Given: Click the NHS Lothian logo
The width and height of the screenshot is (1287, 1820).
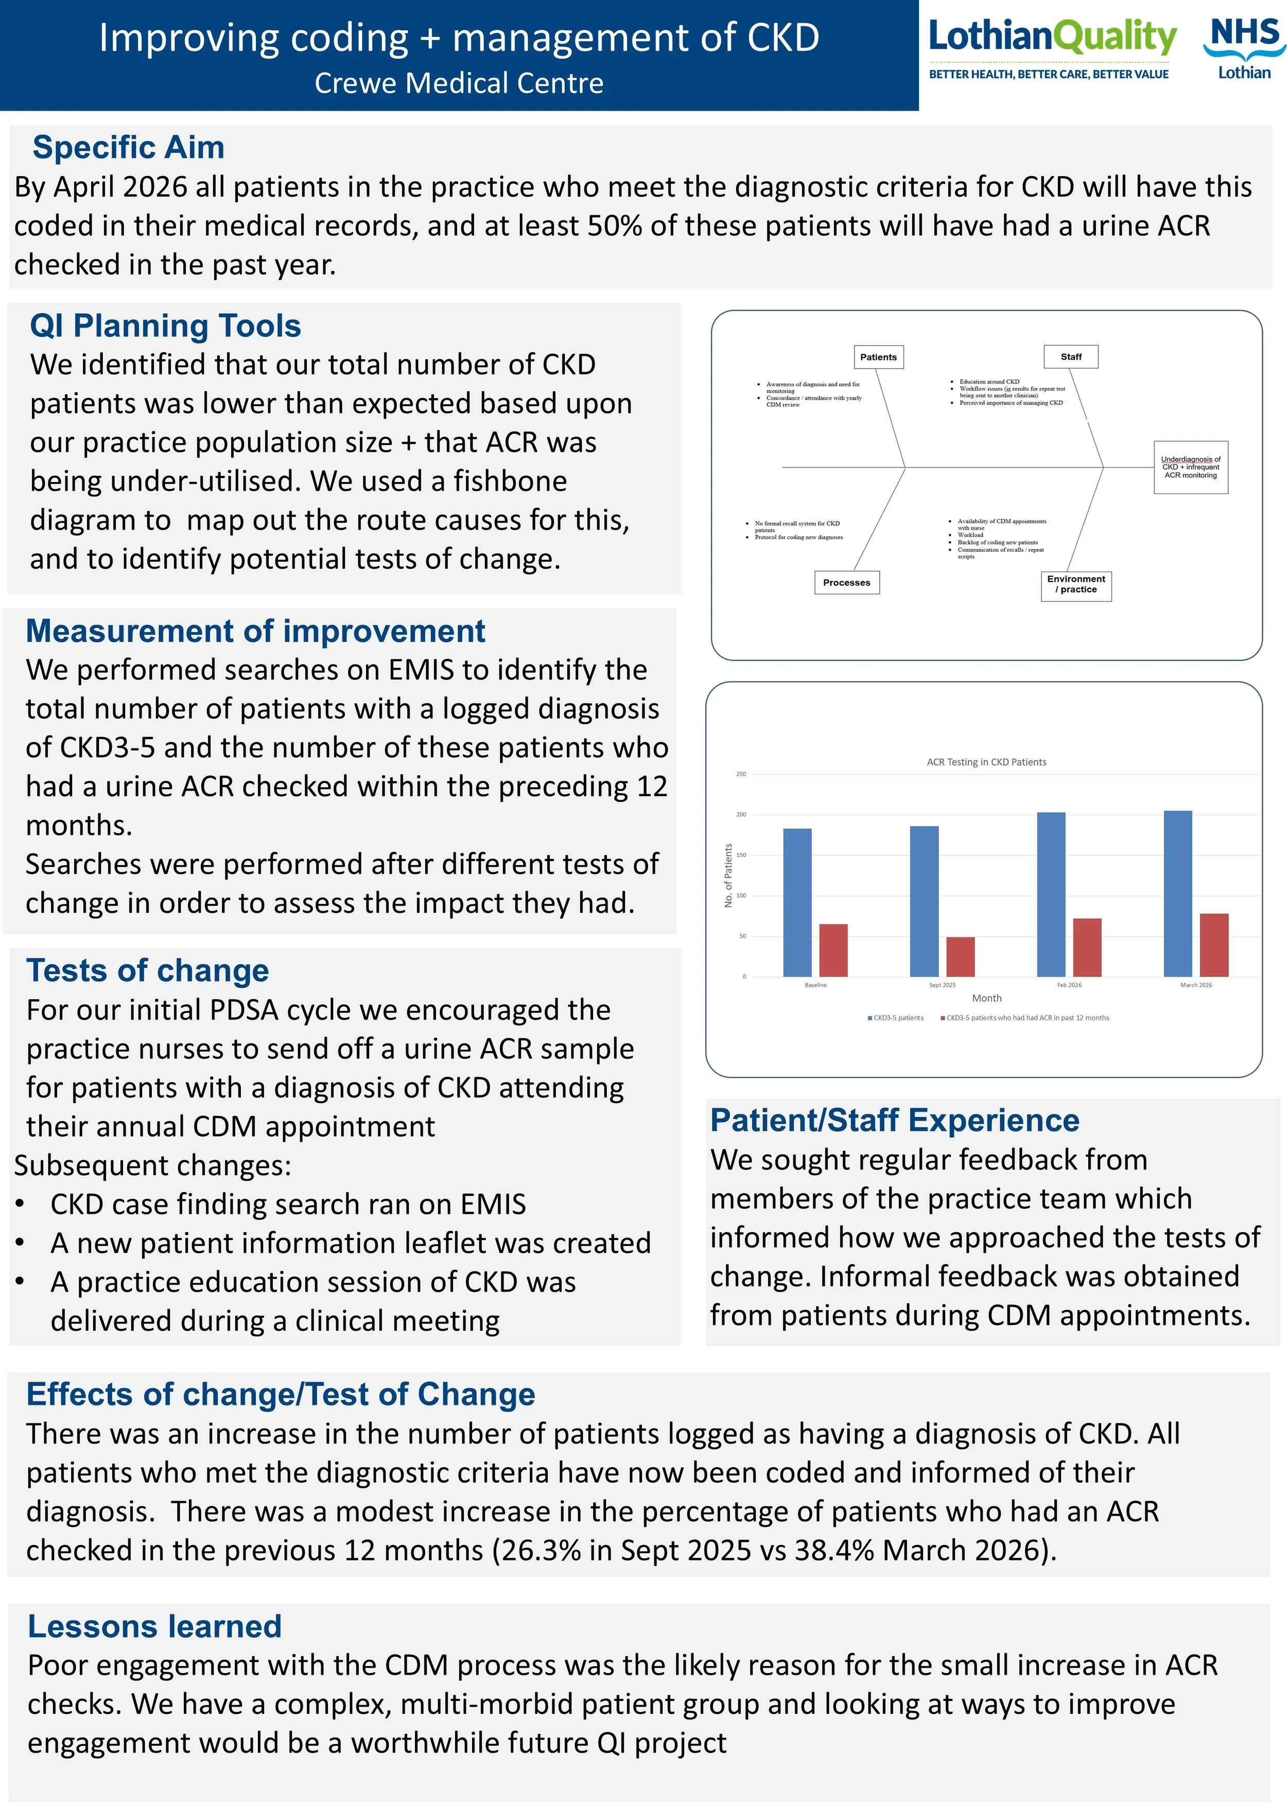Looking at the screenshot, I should tap(1243, 49).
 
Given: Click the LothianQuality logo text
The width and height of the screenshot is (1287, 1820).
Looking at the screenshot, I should tap(1052, 38).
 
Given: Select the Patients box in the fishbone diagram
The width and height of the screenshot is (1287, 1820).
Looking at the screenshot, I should tap(878, 357).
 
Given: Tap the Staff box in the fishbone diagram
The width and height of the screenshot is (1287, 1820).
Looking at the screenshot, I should tap(1071, 357).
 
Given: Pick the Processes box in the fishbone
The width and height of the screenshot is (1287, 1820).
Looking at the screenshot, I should tap(846, 582).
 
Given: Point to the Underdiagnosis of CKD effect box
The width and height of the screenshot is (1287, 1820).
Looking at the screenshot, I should tap(1190, 468).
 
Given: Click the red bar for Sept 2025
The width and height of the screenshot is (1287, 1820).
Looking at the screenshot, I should tap(961, 957).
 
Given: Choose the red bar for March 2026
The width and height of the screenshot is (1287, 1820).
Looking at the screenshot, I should tap(1214, 945).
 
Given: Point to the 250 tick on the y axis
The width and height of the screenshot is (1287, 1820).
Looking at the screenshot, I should tap(741, 775).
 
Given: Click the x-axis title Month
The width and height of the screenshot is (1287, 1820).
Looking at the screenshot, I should tap(987, 998).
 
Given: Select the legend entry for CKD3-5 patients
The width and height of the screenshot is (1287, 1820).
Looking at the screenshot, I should tap(896, 1018).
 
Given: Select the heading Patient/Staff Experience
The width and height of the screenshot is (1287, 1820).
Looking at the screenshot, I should tap(895, 1121).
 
